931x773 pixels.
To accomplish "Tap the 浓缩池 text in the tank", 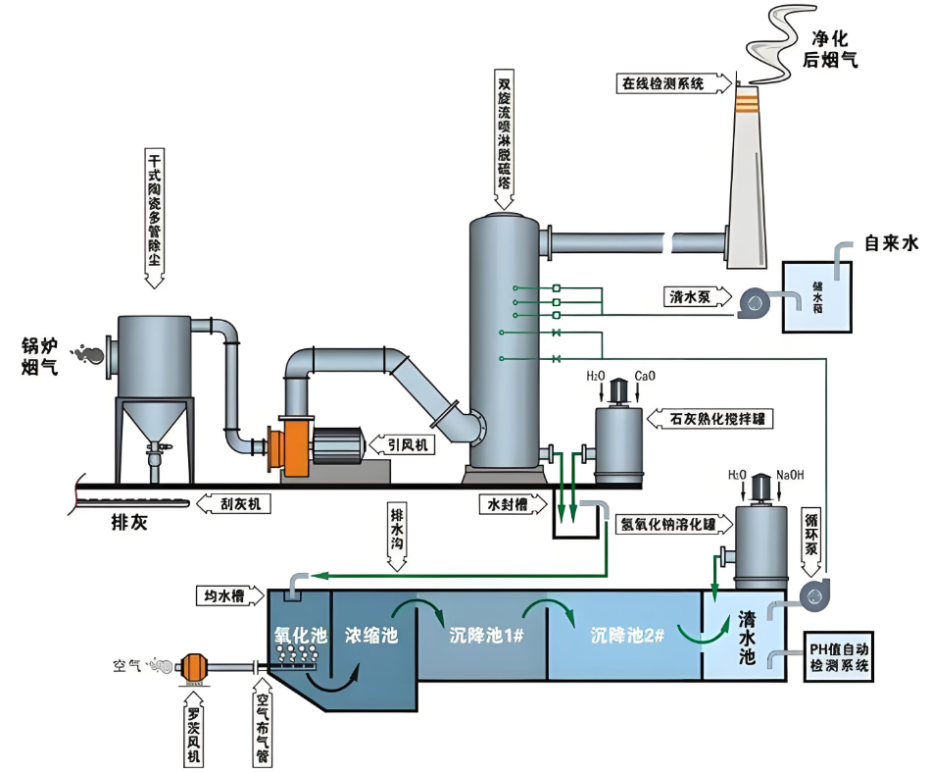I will pyautogui.click(x=371, y=635).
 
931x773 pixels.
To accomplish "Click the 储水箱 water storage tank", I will pyautogui.click(x=817, y=296).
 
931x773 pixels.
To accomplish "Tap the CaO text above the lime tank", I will pyautogui.click(x=646, y=376).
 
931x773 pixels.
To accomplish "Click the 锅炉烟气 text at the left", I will pyautogui.click(x=40, y=357).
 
